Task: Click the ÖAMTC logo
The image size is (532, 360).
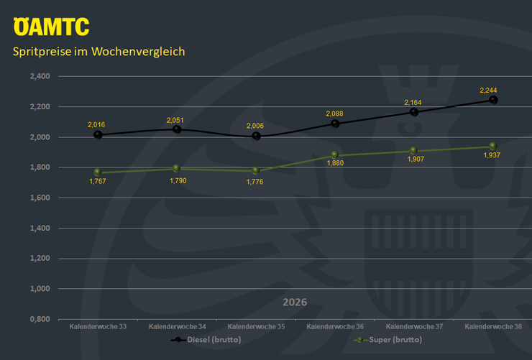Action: click(51, 27)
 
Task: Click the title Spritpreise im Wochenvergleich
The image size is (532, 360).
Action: click(98, 52)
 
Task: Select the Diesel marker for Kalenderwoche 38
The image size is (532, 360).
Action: click(493, 100)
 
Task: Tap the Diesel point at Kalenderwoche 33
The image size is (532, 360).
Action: click(98, 135)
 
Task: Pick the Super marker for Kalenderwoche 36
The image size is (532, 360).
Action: click(334, 155)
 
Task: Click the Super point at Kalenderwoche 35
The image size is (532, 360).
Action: click(256, 170)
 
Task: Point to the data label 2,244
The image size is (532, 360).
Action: click(488, 90)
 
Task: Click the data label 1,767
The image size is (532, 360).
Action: click(98, 181)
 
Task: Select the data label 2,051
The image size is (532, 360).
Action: click(175, 120)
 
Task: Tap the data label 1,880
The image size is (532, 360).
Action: click(335, 163)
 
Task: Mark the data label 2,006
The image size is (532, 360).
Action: click(255, 126)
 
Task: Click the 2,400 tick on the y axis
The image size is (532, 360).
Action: click(40, 76)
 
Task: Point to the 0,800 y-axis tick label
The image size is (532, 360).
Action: click(40, 319)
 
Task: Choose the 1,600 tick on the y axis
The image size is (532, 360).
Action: click(40, 198)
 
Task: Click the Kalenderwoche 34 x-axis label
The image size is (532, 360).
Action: click(177, 327)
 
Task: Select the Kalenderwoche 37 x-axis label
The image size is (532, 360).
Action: click(414, 327)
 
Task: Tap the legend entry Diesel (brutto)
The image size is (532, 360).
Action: click(206, 340)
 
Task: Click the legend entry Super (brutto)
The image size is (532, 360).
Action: click(387, 340)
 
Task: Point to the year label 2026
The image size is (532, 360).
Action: click(295, 302)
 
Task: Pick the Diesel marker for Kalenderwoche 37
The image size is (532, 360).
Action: click(414, 112)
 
